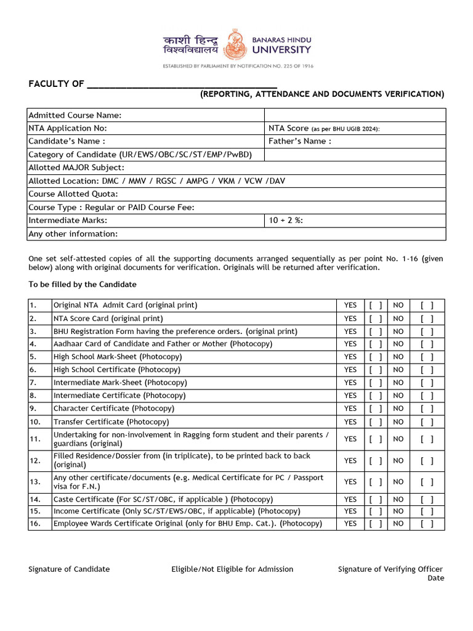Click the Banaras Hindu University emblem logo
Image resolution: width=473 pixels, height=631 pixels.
pos(235,45)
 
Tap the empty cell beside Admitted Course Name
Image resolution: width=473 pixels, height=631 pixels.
pos(355,115)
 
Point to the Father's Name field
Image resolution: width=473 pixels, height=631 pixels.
pos(299,141)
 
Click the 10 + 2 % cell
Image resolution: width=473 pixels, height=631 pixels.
pos(355,221)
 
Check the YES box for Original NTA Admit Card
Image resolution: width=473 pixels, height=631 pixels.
pos(376,306)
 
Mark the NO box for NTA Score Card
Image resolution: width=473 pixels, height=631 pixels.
pos(427,319)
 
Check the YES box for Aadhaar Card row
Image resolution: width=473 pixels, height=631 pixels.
pos(376,344)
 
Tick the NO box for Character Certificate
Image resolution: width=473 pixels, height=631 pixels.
pos(427,409)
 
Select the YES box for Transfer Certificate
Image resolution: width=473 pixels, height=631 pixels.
pos(376,422)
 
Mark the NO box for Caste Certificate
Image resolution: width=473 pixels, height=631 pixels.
pos(427,500)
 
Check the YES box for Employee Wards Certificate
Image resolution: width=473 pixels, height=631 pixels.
pos(376,524)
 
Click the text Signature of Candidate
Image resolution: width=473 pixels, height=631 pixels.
pos(69,569)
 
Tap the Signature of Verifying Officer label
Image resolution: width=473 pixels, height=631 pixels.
pos(390,569)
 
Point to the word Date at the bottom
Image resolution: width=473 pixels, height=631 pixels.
pos(435,579)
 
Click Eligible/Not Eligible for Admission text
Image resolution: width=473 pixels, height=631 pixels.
pos(232,569)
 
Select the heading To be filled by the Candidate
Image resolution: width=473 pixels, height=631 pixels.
pos(83,285)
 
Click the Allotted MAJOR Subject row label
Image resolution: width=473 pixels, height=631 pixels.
pos(76,168)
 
